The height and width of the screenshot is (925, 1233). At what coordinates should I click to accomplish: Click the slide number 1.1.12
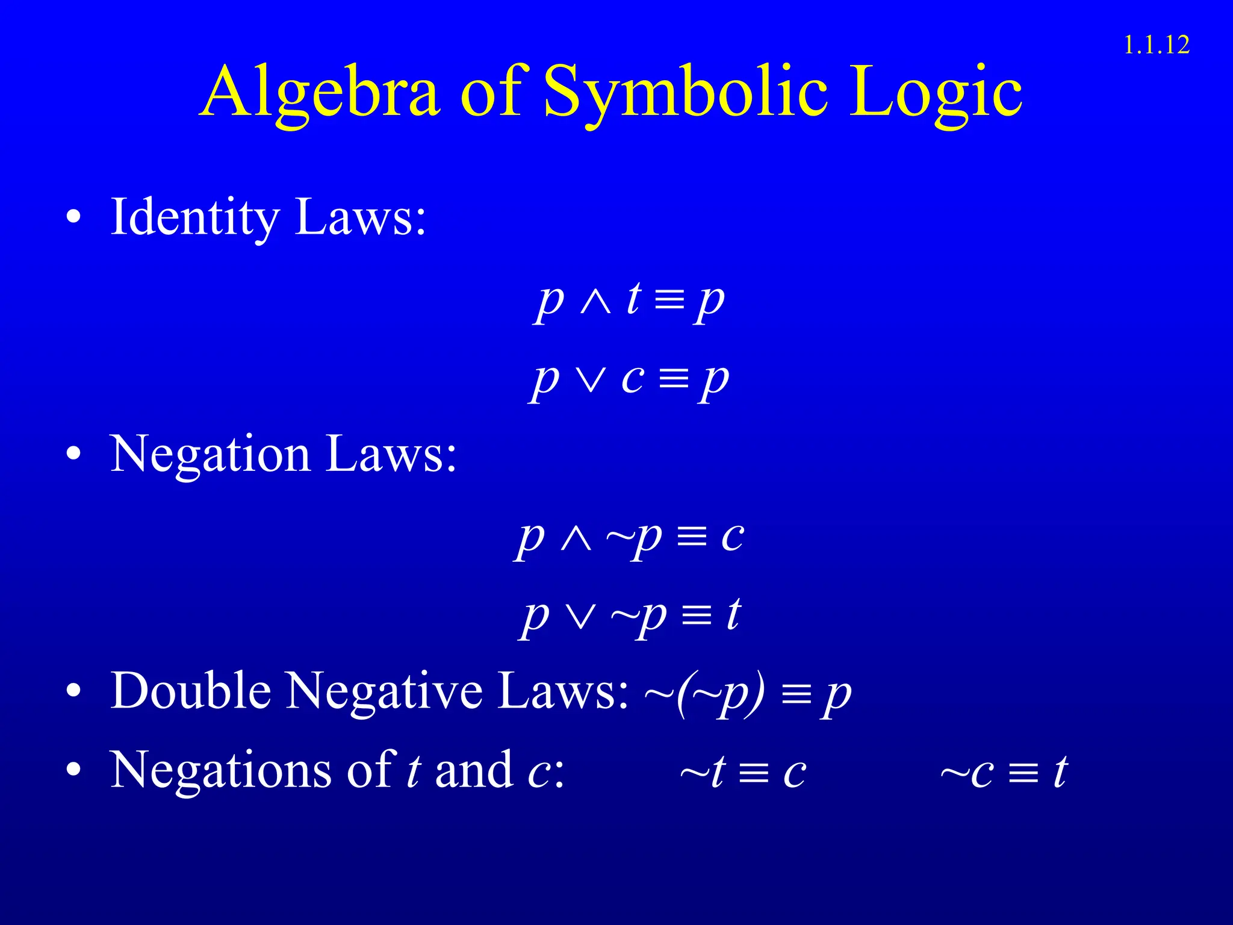1157,46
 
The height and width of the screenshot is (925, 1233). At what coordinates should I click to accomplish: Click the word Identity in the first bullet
195,218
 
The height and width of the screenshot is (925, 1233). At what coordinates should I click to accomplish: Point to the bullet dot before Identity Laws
73,218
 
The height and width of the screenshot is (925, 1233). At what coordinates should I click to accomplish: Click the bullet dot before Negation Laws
73,455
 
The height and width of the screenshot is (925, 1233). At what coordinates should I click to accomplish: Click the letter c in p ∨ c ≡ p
633,379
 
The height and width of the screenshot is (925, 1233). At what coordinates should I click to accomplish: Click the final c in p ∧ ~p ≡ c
733,536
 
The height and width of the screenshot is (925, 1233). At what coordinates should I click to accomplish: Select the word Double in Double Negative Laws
191,691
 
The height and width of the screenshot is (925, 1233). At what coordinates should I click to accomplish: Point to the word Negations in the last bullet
220,771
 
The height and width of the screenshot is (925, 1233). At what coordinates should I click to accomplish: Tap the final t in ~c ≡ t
1060,772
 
